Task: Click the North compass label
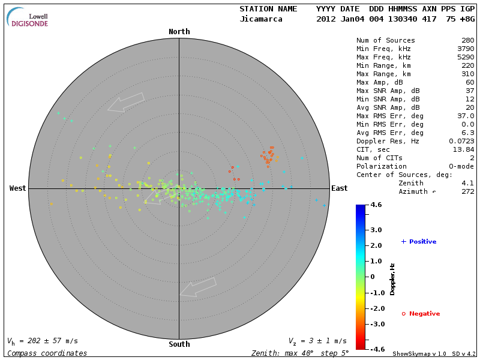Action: coord(179,32)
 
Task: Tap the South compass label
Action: coord(179,344)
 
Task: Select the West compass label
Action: coord(18,188)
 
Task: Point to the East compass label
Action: coord(340,188)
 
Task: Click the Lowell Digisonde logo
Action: coord(28,17)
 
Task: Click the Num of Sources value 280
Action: coord(467,41)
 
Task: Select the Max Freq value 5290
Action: coord(465,58)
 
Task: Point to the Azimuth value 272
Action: coord(467,191)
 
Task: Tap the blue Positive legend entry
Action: coord(419,242)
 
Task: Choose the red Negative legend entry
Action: coord(421,314)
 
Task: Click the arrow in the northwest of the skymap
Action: coord(126,102)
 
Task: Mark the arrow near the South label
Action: coord(198,287)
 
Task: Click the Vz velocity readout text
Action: coord(317,341)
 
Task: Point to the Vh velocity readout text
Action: coord(42,341)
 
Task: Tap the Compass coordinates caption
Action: coord(47,353)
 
